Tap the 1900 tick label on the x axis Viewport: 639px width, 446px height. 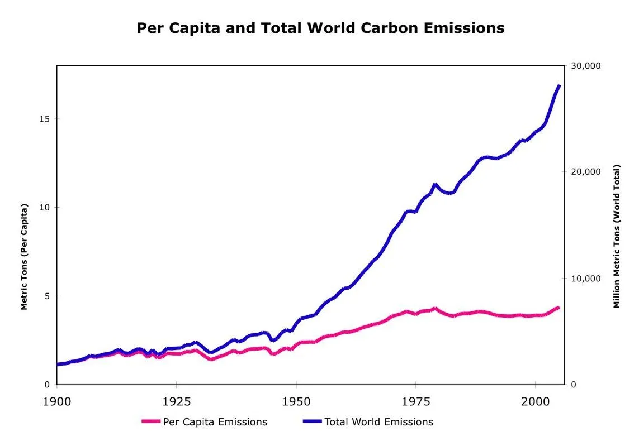point(57,401)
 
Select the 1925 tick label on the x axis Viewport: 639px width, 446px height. point(176,401)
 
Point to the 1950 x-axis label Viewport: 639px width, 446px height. point(296,401)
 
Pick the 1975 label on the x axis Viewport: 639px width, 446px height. point(416,401)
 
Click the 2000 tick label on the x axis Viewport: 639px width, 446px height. point(536,401)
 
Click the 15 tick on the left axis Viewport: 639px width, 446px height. point(45,119)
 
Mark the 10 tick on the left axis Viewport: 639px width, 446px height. point(45,208)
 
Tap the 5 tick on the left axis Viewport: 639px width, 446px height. point(48,296)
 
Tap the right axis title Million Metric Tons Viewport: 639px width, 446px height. point(617,236)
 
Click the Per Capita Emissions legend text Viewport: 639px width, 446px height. point(215,422)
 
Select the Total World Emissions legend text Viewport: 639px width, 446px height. point(378,422)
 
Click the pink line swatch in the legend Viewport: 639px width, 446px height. point(151,422)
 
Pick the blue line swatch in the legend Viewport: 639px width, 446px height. point(313,422)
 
